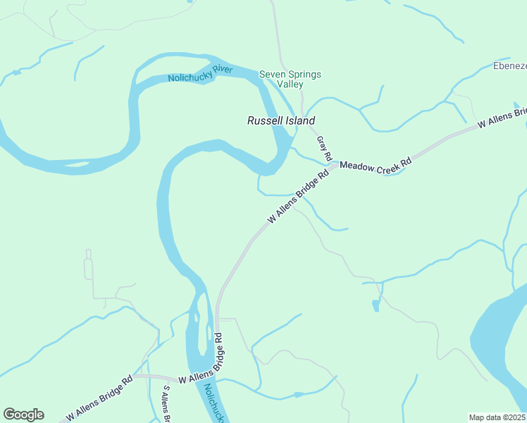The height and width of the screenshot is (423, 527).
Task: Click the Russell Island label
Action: (x=280, y=121)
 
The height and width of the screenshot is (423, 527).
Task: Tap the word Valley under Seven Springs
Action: (x=290, y=85)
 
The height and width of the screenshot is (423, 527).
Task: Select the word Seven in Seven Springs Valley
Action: (x=271, y=74)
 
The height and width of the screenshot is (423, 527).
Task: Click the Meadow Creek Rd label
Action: (x=376, y=165)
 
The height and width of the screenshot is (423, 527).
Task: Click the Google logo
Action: (x=23, y=415)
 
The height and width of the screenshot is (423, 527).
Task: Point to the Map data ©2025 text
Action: (x=497, y=417)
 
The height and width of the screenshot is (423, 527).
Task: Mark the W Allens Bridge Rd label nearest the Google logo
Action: (x=99, y=400)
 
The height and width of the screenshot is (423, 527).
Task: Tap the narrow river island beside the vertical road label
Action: (x=200, y=324)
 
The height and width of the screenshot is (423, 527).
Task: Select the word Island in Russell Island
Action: (x=300, y=121)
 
